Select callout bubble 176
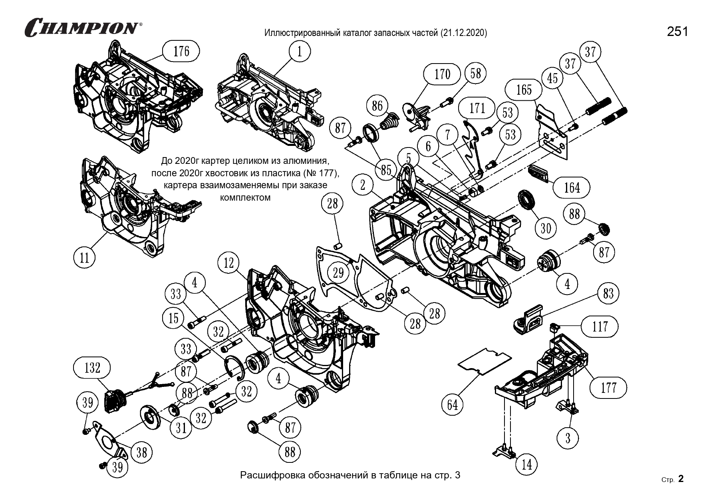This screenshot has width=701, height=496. click(x=181, y=52)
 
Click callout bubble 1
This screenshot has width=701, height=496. click(x=300, y=52)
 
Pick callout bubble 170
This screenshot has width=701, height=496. click(x=442, y=74)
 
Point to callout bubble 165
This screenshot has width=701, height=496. click(x=524, y=90)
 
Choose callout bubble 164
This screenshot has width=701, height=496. click(x=572, y=187)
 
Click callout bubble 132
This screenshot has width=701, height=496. click(x=93, y=367)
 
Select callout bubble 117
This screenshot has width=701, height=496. click(x=600, y=327)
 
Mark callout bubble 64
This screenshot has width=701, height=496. click(x=452, y=405)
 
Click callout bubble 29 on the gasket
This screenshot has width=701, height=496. click(x=338, y=273)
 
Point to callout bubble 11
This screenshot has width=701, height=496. click(x=85, y=257)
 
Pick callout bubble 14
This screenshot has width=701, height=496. click(x=527, y=464)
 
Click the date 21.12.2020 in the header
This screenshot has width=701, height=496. click(x=463, y=33)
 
